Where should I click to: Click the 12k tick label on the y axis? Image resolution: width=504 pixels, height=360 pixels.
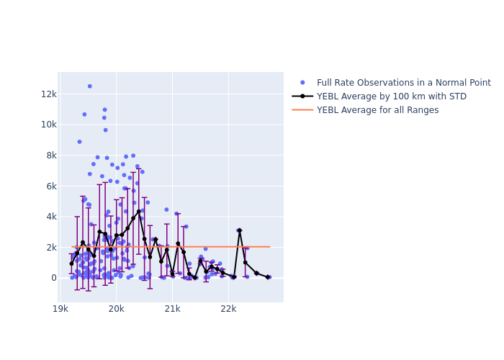48,94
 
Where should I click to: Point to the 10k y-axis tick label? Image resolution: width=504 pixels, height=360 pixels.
48,125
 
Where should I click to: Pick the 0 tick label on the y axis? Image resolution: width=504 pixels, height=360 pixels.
53,278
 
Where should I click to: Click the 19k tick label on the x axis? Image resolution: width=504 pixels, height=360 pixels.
61,309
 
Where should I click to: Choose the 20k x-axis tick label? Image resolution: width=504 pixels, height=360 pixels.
117,309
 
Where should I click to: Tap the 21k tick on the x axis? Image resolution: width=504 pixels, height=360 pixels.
173,309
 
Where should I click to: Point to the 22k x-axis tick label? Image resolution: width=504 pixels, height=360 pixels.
228,309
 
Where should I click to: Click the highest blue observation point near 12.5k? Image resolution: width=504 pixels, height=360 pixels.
90,86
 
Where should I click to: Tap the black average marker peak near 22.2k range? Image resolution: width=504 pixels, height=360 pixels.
240,230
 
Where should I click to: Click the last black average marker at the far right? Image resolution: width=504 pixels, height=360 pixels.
267,276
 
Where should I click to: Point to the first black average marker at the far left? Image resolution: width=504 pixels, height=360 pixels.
71,264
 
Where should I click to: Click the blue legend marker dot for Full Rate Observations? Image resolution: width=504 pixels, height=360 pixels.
302,83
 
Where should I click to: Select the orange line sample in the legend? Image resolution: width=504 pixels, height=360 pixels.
302,110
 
